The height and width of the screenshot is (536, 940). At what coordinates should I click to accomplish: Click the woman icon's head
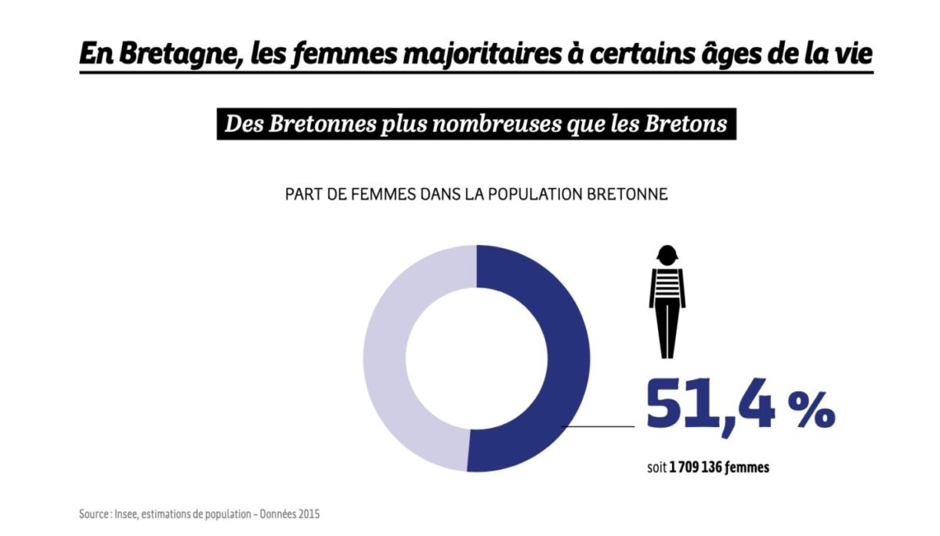[667, 256]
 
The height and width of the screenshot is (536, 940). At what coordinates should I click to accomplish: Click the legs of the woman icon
[667, 329]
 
